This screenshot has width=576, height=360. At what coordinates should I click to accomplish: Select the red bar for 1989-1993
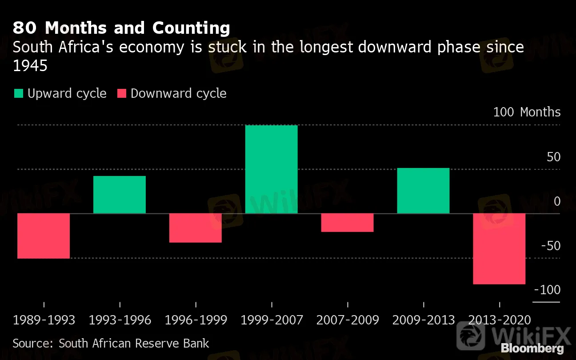pyautogui.click(x=44, y=236)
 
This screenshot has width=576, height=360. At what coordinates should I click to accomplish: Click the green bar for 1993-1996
pyautogui.click(x=120, y=195)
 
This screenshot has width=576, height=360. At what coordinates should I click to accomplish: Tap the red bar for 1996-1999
pyautogui.click(x=196, y=228)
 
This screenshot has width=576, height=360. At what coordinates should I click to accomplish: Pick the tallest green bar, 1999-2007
pyautogui.click(x=271, y=169)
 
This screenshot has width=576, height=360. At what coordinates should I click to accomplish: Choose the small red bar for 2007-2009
pyautogui.click(x=347, y=222)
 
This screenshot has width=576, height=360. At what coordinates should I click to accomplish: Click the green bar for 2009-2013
pyautogui.click(x=423, y=191)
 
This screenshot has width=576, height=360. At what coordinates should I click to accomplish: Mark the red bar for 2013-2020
pyautogui.click(x=499, y=248)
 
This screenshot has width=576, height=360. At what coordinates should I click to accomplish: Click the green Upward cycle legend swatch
pyautogui.click(x=19, y=93)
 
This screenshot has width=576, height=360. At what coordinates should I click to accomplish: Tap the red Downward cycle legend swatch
pyautogui.click(x=122, y=93)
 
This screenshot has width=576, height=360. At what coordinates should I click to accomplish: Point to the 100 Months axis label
pyautogui.click(x=527, y=112)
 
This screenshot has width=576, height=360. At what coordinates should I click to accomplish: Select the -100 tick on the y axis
pyautogui.click(x=548, y=290)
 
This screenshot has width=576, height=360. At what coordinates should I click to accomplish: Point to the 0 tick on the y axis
pyautogui.click(x=557, y=201)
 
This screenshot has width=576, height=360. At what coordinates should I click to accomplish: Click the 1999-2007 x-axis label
pyautogui.click(x=272, y=320)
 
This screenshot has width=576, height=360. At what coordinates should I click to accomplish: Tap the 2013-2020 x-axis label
pyautogui.click(x=500, y=320)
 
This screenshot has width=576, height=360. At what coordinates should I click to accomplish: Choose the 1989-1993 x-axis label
pyautogui.click(x=44, y=320)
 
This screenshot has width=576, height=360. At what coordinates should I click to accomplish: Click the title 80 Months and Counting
pyautogui.click(x=121, y=28)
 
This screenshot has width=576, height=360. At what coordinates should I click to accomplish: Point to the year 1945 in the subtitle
pyautogui.click(x=30, y=66)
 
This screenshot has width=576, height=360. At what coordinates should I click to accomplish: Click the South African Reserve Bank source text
pyautogui.click(x=134, y=343)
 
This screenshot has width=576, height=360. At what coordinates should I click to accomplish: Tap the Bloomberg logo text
pyautogui.click(x=532, y=348)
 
